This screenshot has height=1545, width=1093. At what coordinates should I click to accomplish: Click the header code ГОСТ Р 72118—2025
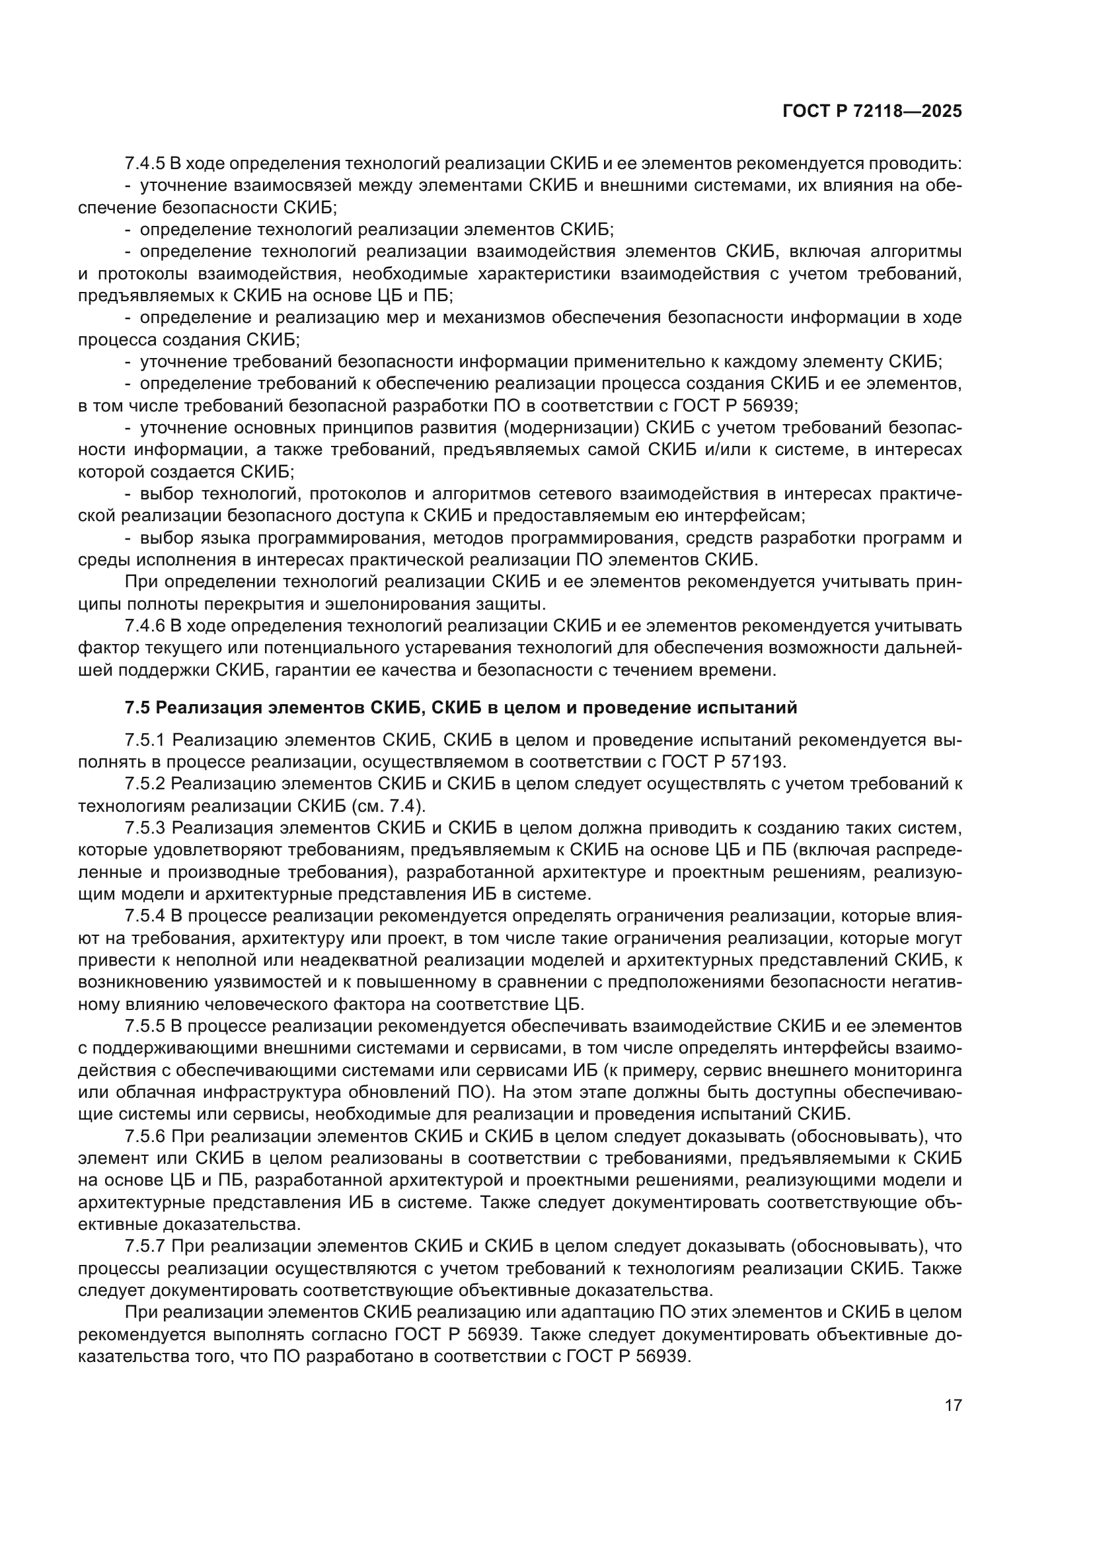[x=872, y=112]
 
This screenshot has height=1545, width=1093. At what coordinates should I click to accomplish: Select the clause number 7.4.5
[x=145, y=164]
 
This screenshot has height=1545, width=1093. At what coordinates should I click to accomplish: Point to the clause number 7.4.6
[x=145, y=626]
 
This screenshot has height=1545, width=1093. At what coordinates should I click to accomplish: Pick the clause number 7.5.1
[x=145, y=740]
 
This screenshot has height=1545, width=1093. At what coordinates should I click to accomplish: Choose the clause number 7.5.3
[x=145, y=828]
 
